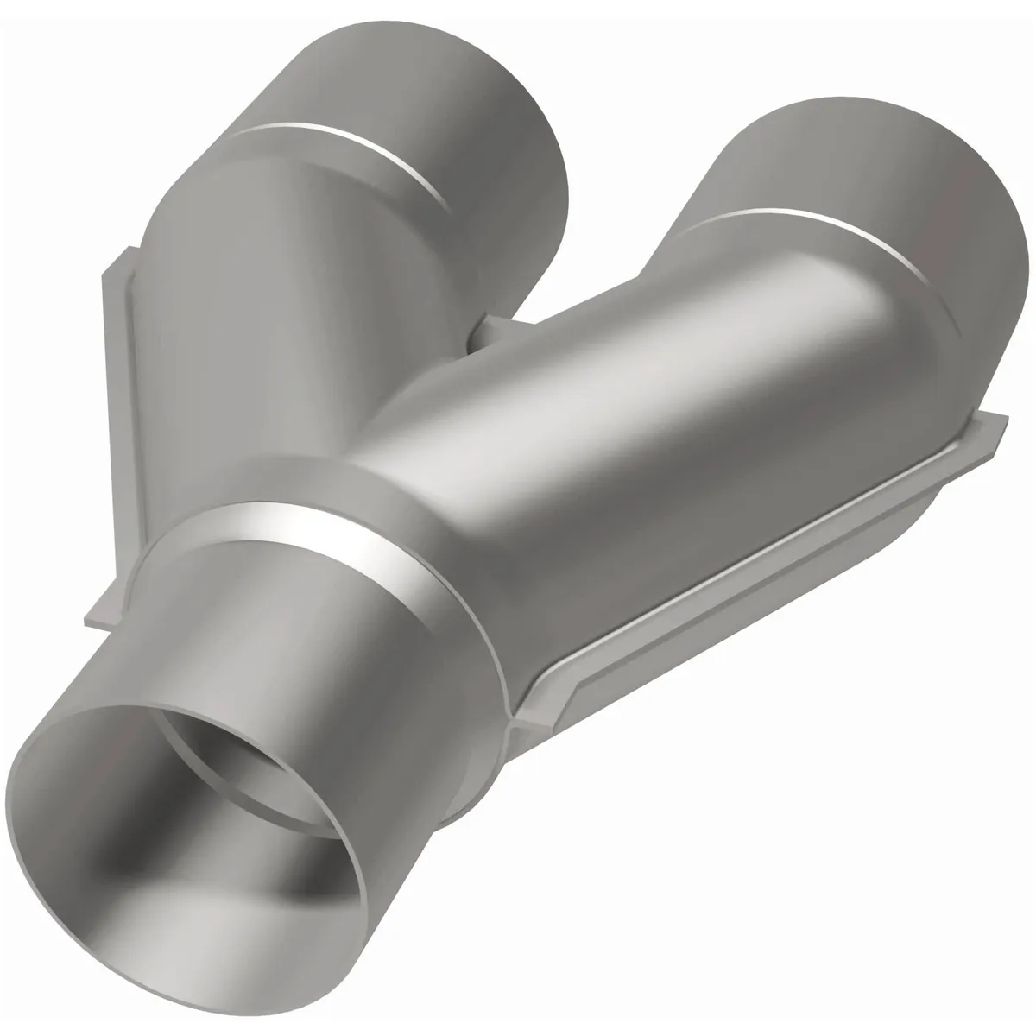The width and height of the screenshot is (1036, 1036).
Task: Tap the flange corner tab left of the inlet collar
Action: coord(104,613)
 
